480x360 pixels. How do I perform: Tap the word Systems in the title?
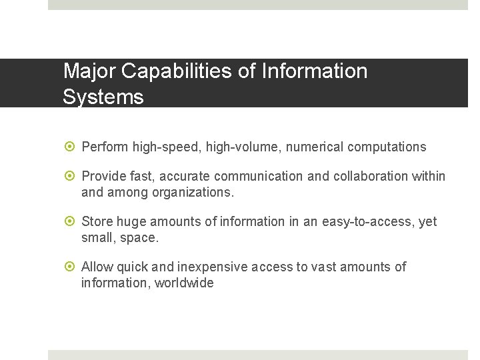click(103, 97)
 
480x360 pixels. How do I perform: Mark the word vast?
click(323, 267)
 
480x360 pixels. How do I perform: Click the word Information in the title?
click(315, 71)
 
